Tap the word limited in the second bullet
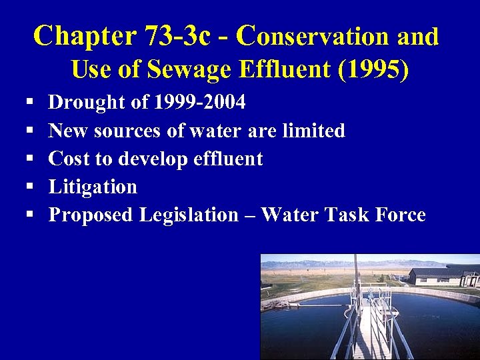[313, 131]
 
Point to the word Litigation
[93, 187]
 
